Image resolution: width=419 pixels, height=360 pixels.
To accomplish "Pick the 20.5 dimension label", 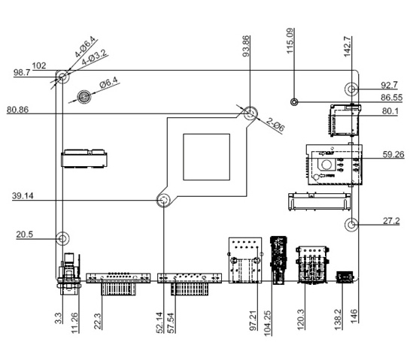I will tap(26, 234).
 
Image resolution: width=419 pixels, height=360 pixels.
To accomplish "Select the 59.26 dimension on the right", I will tap(393, 155).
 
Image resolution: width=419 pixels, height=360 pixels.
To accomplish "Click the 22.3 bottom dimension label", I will tap(98, 319).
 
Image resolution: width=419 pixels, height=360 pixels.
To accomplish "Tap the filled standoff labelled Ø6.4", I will tap(84, 97).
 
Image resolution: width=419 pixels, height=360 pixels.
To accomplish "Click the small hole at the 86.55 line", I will tap(295, 101).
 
